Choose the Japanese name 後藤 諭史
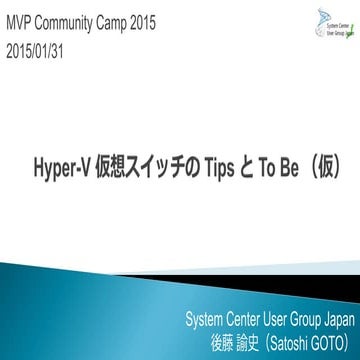tap(226, 340)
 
